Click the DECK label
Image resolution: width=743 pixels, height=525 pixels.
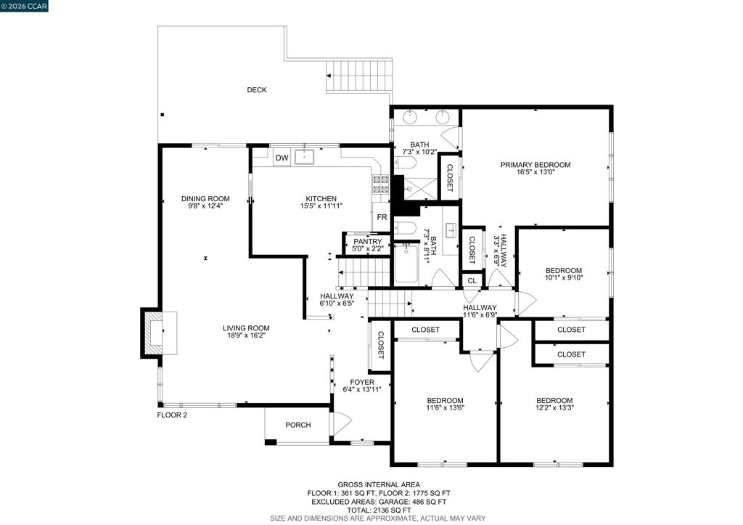(x=256, y=89)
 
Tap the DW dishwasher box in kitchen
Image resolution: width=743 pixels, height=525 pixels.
(x=282, y=158)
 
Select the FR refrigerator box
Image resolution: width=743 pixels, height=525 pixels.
(x=382, y=217)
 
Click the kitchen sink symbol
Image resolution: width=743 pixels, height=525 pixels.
(x=304, y=157)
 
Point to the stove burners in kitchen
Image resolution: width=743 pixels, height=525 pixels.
(x=381, y=184)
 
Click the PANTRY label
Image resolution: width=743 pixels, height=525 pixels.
(x=367, y=241)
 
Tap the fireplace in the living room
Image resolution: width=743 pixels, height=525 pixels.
(x=159, y=333)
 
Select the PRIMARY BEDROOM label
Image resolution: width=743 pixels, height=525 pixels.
(x=535, y=165)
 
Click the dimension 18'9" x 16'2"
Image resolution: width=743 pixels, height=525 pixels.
(x=246, y=335)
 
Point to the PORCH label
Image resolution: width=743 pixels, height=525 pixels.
(x=298, y=425)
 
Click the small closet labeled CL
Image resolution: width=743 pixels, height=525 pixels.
(x=472, y=281)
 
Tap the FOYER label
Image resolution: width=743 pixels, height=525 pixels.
(x=362, y=382)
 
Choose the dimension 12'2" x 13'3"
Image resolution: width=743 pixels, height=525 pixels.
(x=554, y=407)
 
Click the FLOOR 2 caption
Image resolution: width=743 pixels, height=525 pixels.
(x=172, y=415)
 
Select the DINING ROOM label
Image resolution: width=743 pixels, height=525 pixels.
(x=205, y=199)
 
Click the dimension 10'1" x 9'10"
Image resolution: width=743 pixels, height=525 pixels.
(x=563, y=278)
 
